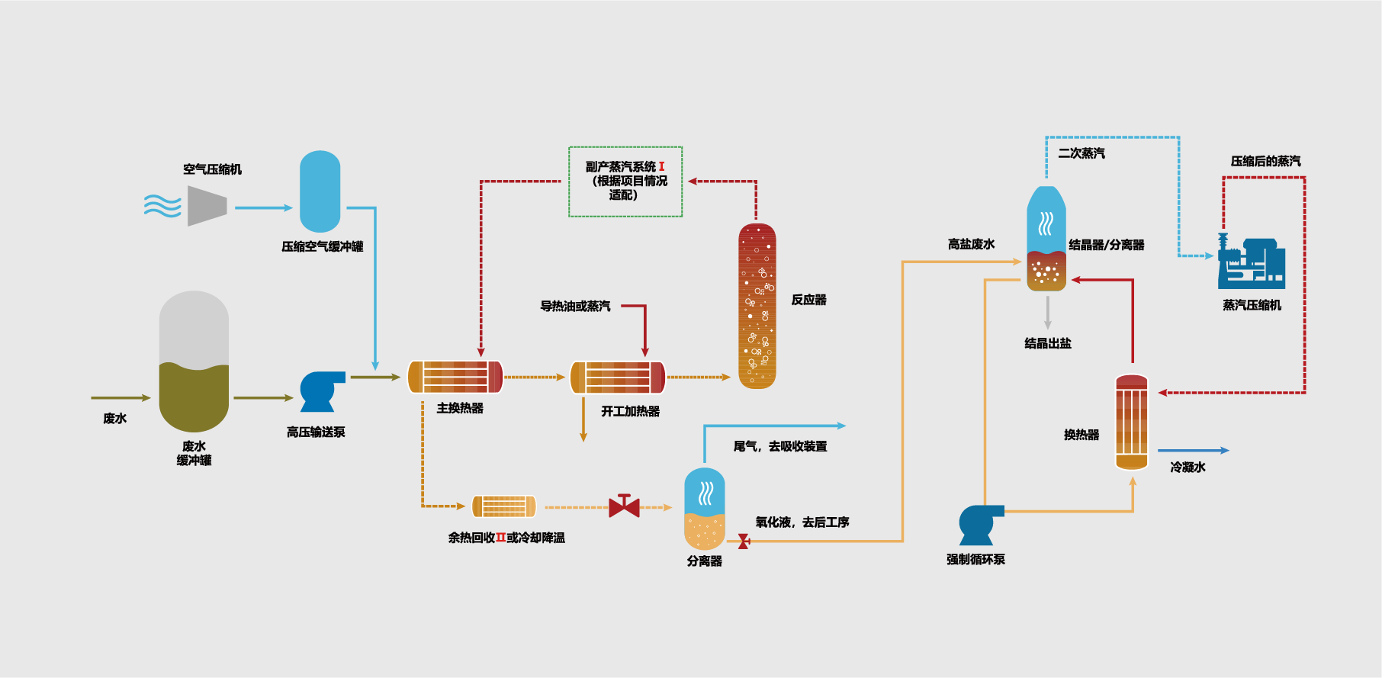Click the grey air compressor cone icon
click(207, 206)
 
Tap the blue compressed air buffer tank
click(320, 191)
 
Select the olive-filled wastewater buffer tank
click(194, 362)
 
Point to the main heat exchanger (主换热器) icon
click(455, 377)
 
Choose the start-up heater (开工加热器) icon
click(618, 377)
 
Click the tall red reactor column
click(757, 306)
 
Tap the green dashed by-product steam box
click(625, 182)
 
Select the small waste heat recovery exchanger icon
click(503, 506)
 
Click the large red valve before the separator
click(624, 506)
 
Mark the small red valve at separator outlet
click(743, 541)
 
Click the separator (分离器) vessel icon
click(705, 509)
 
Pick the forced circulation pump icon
click(979, 523)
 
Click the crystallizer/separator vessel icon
click(1046, 239)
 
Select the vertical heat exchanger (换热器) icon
click(1131, 422)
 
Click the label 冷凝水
click(1188, 467)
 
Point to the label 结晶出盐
click(1048, 343)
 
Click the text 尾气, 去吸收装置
click(779, 446)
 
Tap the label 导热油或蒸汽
click(575, 306)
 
